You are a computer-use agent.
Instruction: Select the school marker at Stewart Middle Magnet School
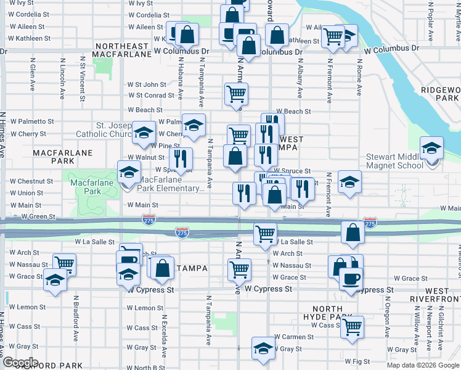(x=431, y=149)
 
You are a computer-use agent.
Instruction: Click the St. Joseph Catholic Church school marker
(x=144, y=133)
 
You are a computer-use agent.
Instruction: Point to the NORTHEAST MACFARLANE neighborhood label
(x=122, y=50)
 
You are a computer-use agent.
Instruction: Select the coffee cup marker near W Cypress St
(x=351, y=279)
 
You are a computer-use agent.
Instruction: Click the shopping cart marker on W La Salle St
(x=265, y=234)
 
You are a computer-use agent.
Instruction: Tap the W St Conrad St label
(x=151, y=96)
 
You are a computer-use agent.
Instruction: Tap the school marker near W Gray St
(x=263, y=349)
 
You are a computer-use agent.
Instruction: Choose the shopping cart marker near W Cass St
(x=352, y=326)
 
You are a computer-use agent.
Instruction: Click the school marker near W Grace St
(x=55, y=281)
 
